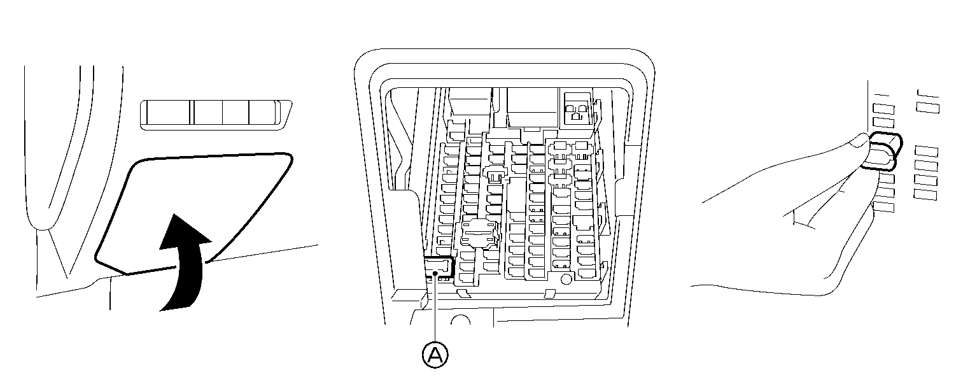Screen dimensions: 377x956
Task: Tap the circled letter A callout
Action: [435, 355]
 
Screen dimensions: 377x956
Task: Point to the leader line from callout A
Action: [435, 312]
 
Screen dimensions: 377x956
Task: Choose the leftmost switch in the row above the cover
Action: [166, 114]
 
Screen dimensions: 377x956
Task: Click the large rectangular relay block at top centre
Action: [531, 105]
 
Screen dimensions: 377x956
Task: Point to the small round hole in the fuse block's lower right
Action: [565, 279]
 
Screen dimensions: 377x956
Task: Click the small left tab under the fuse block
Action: [463, 293]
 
